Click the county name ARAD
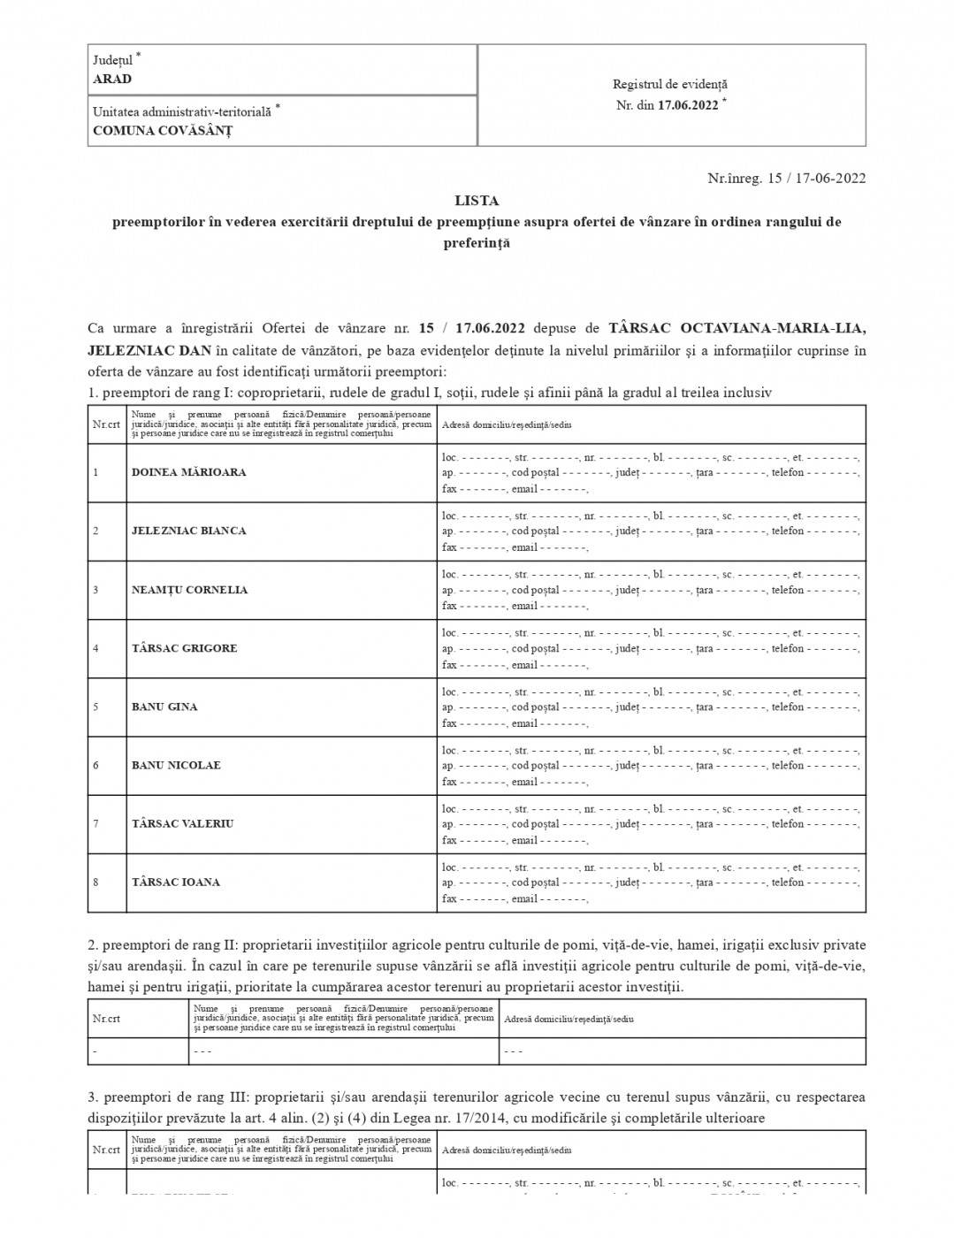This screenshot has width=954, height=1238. coord(112,79)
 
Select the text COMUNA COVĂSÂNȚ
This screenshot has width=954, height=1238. coord(163,130)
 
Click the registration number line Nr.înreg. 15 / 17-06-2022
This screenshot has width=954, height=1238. coord(786,178)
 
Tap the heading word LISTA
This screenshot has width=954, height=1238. coord(477,201)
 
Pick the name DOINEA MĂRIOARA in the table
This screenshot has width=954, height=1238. coord(189,472)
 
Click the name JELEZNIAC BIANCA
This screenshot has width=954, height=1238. coord(189,531)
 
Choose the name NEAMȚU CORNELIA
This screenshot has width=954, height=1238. coord(190,590)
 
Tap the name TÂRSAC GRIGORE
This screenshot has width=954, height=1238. coord(185,648)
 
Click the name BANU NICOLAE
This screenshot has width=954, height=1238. coord(176,765)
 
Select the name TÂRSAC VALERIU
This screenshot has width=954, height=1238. coord(183,823)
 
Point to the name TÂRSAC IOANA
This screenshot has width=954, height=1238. coord(176,882)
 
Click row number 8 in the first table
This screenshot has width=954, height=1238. coord(96,882)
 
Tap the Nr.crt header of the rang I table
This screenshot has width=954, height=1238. coord(106,424)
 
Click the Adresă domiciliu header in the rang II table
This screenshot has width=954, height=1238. coord(569,1019)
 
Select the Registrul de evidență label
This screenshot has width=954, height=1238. coord(670,84)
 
